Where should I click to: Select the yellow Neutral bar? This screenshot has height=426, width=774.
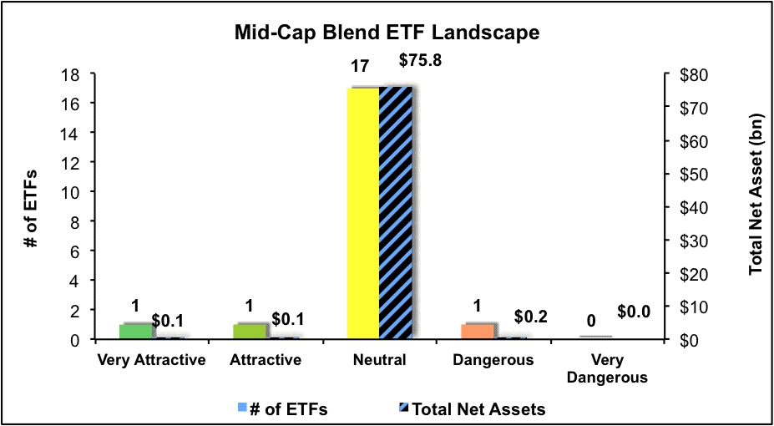click(363, 213)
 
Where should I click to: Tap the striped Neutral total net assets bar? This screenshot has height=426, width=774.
click(396, 213)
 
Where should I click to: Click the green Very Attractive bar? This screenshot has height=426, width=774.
click(136, 332)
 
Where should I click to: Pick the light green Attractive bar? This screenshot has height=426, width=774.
click(250, 332)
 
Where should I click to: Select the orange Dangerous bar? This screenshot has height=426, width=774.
click(478, 332)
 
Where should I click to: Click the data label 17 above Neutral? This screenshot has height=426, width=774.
click(359, 66)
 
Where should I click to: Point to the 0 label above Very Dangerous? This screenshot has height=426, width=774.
click(591, 322)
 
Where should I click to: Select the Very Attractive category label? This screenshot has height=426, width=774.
click(151, 360)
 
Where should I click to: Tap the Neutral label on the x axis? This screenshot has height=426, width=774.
click(379, 360)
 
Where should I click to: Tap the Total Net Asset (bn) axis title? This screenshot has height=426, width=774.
click(757, 194)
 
